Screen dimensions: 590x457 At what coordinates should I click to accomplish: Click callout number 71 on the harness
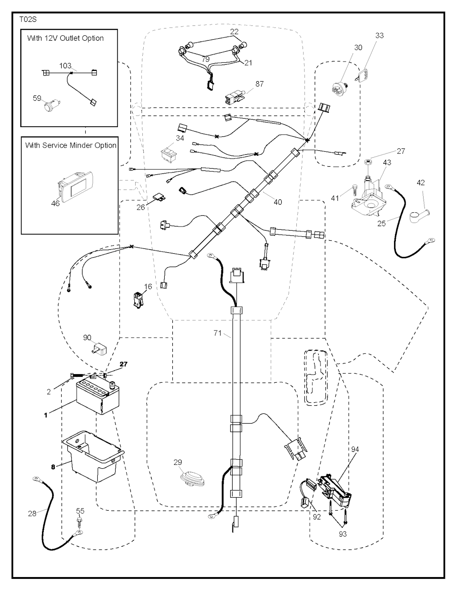click(x=218, y=333)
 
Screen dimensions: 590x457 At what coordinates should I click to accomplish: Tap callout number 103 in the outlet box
click(x=65, y=66)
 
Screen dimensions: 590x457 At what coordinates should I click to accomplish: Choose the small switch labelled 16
click(x=137, y=300)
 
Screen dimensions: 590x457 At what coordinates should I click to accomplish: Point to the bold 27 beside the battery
click(x=124, y=364)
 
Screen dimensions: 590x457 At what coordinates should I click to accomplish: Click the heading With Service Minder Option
click(x=71, y=145)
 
